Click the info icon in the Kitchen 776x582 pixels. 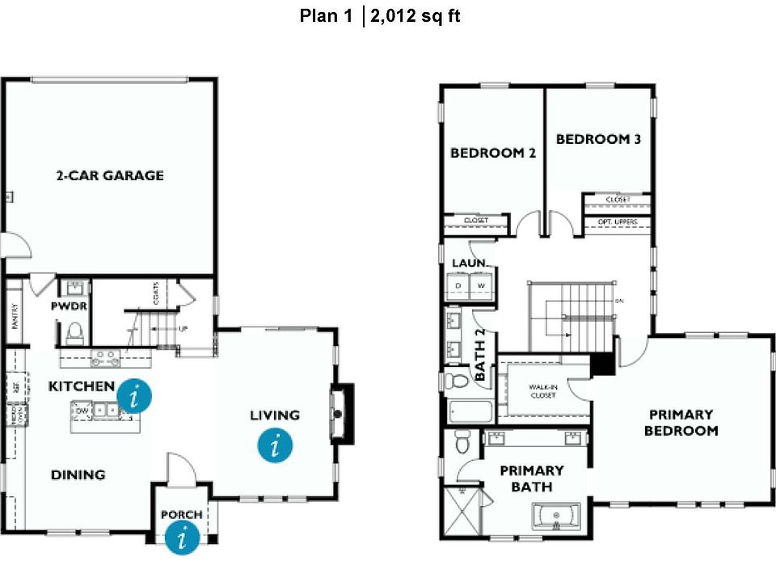134,396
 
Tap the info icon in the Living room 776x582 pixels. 276,445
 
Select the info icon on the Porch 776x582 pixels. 183,537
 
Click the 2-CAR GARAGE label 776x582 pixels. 110,175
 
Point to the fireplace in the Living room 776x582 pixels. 340,413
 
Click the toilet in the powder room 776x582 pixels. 75,331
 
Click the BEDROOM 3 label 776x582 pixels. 598,139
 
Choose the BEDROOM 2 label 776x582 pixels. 493,153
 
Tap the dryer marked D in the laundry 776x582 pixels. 458,286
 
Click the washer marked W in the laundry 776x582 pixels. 480,286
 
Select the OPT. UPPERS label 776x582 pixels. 616,221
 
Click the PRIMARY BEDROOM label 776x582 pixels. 681,423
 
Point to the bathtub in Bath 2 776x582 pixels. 469,412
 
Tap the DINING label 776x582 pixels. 78,474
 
